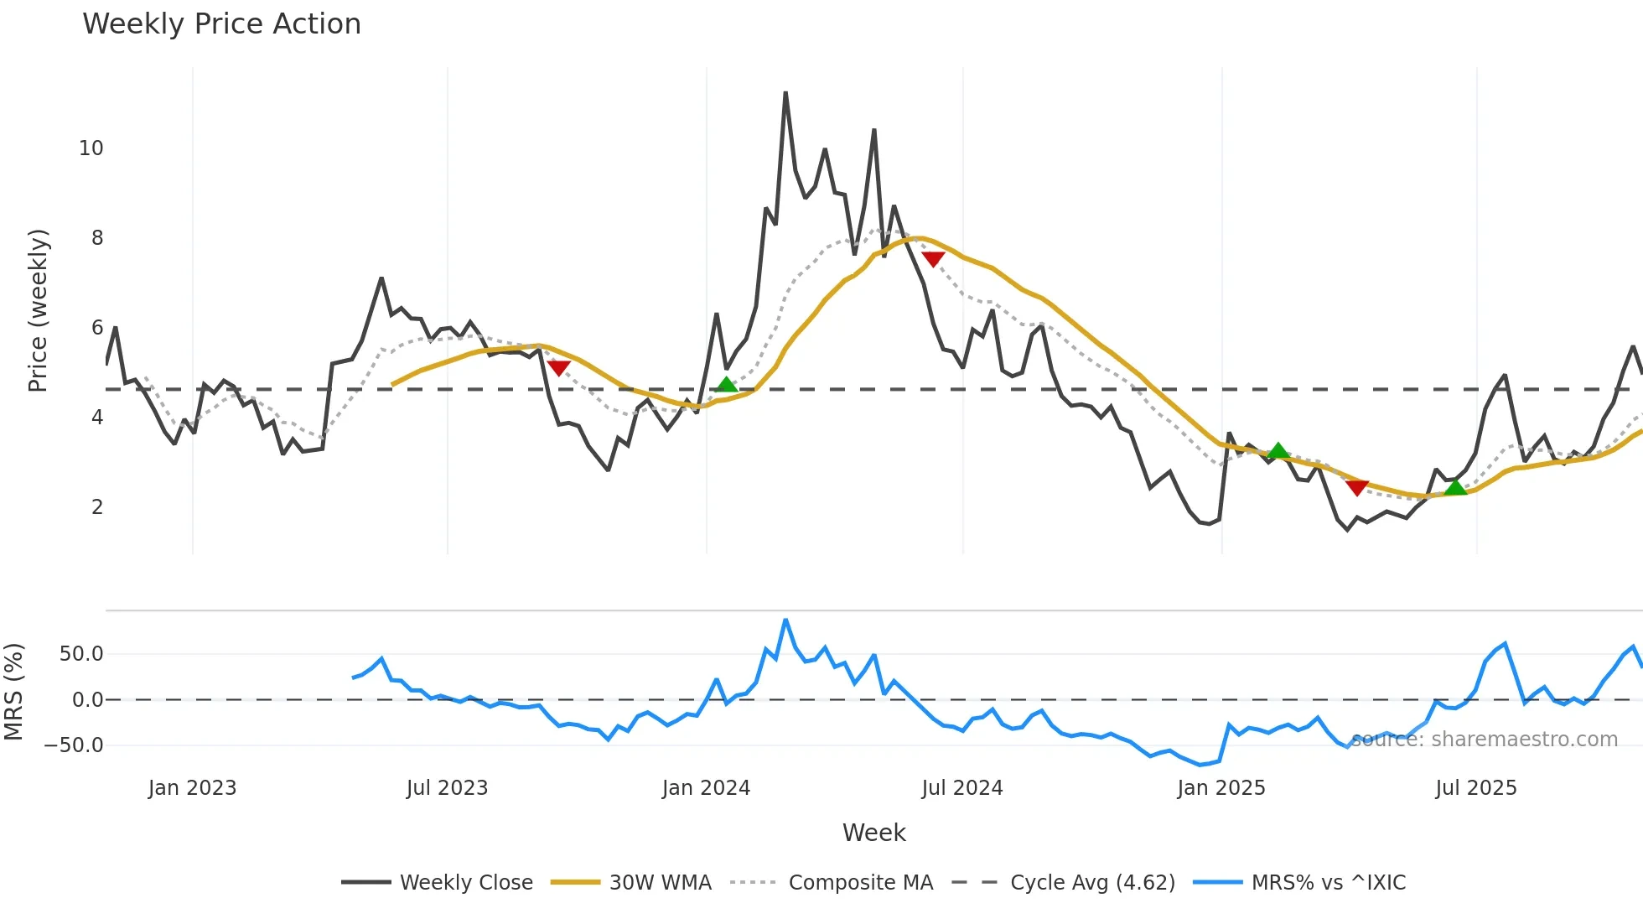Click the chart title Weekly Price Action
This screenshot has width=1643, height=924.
[221, 24]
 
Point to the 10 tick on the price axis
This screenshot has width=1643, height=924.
[91, 148]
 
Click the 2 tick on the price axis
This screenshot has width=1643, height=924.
[97, 507]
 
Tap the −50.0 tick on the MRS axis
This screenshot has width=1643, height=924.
[74, 745]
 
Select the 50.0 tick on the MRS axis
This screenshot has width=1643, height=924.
[81, 654]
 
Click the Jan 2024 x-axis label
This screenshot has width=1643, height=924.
[706, 788]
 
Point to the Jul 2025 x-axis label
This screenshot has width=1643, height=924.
[1475, 788]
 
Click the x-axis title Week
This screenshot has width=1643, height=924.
[873, 833]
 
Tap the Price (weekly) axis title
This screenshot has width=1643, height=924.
[39, 310]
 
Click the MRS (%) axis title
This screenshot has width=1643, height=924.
[13, 692]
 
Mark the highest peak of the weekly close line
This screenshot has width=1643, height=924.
[785, 92]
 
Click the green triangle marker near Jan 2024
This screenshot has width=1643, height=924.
[727, 385]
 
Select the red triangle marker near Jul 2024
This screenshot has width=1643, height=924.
[933, 259]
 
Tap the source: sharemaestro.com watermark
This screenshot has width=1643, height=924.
[1484, 740]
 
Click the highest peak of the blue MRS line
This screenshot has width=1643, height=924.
[785, 620]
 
